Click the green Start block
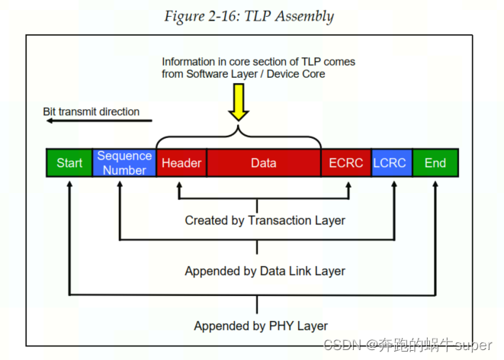click(x=69, y=163)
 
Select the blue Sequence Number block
click(x=124, y=163)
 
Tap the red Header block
click(x=181, y=163)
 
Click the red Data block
click(x=263, y=163)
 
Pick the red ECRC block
click(x=345, y=163)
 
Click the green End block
click(x=435, y=163)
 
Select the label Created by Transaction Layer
click(x=265, y=220)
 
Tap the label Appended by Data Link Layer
click(x=265, y=271)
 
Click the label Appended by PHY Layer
click(x=260, y=326)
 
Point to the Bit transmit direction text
click(x=91, y=111)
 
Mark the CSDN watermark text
click(x=408, y=346)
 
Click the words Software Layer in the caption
click(x=217, y=74)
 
